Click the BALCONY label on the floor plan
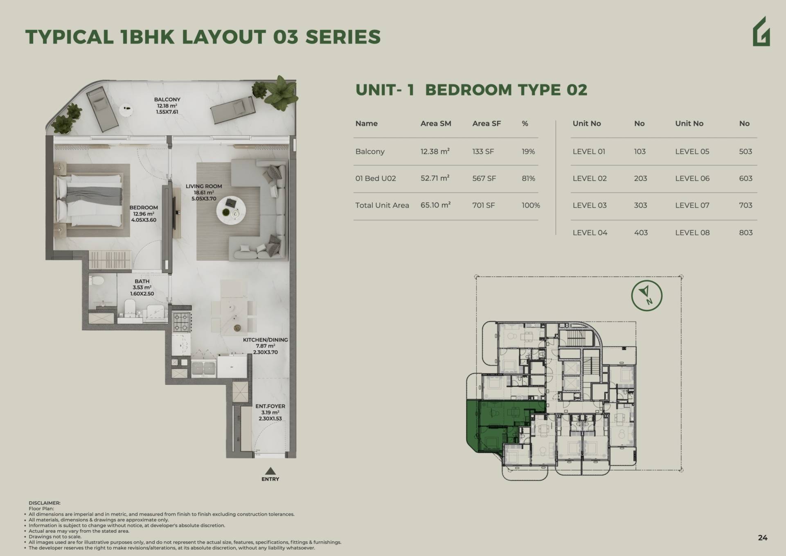167,99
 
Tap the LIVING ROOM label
204,186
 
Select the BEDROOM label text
144,208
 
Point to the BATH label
142,281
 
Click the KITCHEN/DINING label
265,340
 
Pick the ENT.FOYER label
270,406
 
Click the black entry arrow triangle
270,471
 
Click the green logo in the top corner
761,32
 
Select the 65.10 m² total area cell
435,205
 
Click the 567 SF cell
484,179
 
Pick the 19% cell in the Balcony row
528,151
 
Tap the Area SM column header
436,124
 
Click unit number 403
641,233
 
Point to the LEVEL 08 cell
692,233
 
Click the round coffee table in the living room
231,210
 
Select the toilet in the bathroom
130,307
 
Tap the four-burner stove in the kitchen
181,322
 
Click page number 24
763,538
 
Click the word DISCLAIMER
44,503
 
